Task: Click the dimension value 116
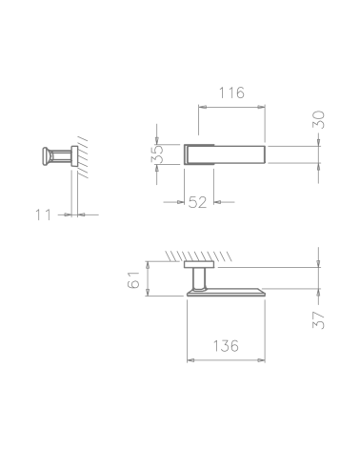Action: click(x=231, y=92)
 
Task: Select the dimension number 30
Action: click(x=318, y=119)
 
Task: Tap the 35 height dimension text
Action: click(x=157, y=154)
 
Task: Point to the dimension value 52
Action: click(x=197, y=202)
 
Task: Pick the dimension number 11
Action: click(x=43, y=215)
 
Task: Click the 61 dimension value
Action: click(x=133, y=279)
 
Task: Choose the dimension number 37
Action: click(x=318, y=320)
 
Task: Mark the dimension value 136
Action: click(x=226, y=346)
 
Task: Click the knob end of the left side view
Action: click(x=46, y=156)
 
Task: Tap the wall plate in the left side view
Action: click(x=74, y=156)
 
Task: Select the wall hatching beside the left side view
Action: click(x=83, y=157)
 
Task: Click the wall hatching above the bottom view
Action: click(x=198, y=256)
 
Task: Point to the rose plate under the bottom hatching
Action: click(x=199, y=264)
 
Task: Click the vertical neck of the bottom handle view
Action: click(x=200, y=278)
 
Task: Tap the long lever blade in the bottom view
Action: click(x=226, y=293)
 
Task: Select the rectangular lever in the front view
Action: click(x=225, y=154)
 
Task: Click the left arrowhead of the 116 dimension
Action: click(x=203, y=107)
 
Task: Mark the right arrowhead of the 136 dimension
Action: click(x=261, y=360)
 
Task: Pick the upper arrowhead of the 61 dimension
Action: click(x=148, y=265)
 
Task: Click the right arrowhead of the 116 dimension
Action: click(x=261, y=107)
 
